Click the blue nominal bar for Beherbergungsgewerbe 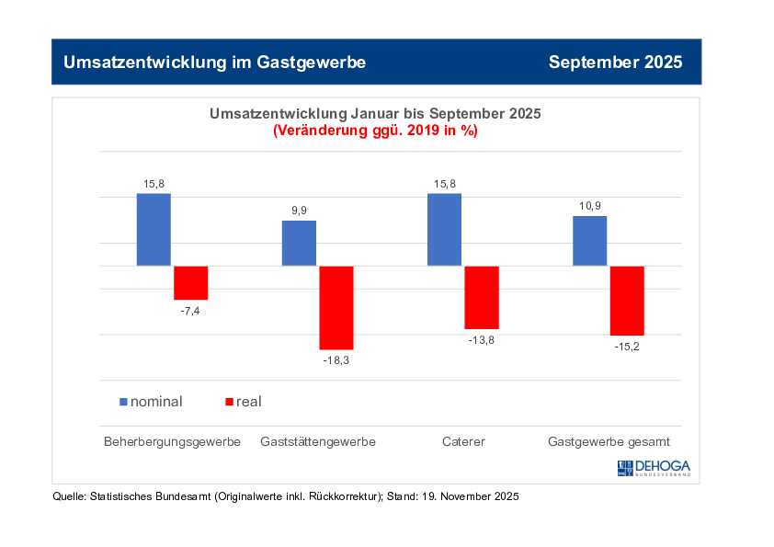coord(154,229)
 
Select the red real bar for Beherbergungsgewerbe coord(191,282)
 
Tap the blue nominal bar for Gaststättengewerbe coord(299,243)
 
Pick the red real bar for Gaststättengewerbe coord(336,307)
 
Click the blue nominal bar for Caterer coord(444,229)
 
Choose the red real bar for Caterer coord(482,297)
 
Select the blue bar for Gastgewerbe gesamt coord(589,241)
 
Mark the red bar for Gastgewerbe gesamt coord(627,301)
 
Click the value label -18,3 coord(336,360)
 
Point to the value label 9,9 coord(300,211)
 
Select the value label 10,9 coord(589,206)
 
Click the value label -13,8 coord(482,340)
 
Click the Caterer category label coord(462,441)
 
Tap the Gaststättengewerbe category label coord(318,441)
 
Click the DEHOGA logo coord(653,468)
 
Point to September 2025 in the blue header coord(615,63)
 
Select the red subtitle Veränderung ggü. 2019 coord(375,131)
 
